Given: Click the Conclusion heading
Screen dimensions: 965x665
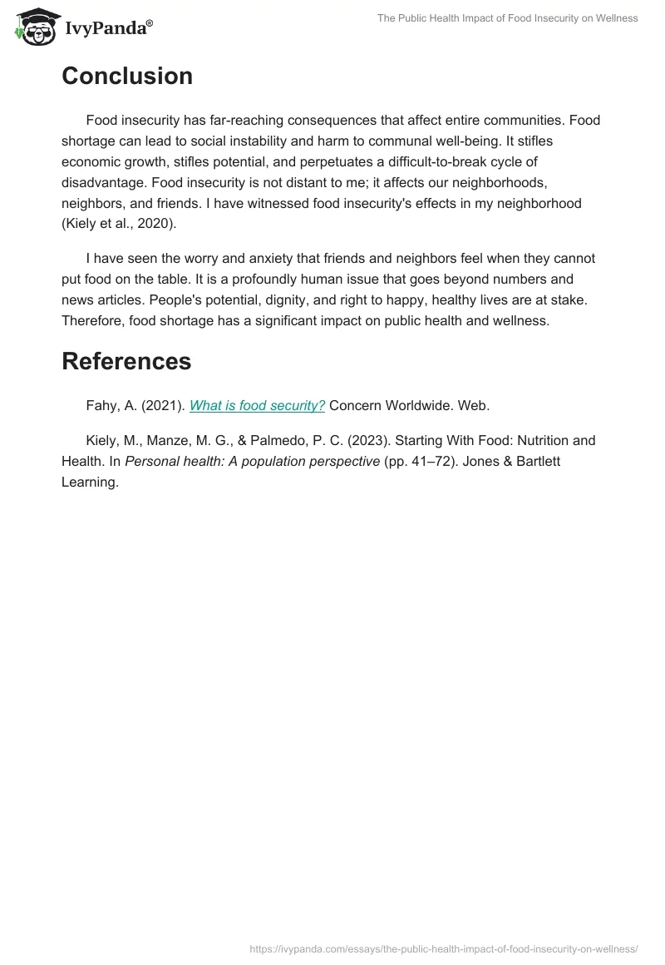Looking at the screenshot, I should click(127, 76).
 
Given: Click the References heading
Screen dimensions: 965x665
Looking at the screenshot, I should click(126, 361).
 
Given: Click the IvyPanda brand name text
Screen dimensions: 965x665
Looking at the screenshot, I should click(108, 28).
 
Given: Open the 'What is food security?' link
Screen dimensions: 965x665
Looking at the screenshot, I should click(257, 405).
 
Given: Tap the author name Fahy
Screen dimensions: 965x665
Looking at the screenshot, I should click(104, 405).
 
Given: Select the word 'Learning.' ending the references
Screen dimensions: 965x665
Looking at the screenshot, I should click(91, 482).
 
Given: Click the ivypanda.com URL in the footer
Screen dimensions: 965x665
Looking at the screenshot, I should click(444, 948).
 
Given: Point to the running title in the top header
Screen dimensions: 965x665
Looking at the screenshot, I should click(508, 18).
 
